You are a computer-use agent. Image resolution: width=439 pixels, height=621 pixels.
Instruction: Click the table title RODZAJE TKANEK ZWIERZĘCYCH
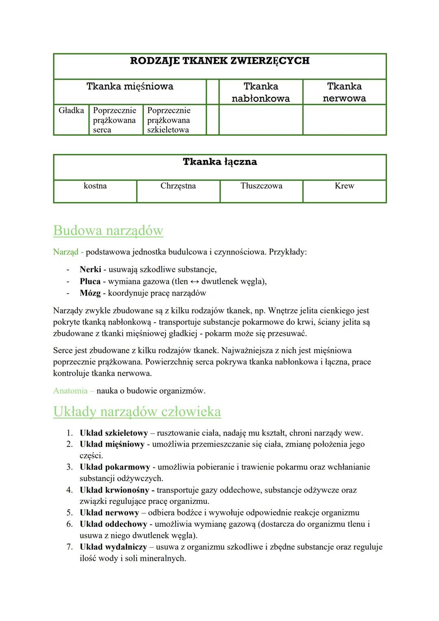219,61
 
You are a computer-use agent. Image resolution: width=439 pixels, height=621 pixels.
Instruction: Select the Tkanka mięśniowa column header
130,86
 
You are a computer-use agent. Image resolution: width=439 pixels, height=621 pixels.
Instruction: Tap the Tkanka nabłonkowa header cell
261,92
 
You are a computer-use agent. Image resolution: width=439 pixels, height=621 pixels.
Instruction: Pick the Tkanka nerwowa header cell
344,92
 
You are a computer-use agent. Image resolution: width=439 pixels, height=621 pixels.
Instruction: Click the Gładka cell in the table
71,111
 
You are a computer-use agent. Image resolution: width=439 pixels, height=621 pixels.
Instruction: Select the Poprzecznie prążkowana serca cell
115,120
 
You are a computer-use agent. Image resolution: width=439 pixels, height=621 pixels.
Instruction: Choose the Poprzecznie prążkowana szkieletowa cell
169,120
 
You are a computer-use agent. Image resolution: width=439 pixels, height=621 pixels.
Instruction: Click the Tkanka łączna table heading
219,162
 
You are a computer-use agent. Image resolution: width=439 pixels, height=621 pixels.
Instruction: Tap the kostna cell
95,186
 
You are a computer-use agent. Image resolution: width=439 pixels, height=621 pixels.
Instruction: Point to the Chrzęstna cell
178,186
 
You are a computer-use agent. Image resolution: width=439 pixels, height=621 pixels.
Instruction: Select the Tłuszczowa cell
261,186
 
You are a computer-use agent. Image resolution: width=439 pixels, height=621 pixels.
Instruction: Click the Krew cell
344,186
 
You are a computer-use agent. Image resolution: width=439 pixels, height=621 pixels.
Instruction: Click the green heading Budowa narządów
108,231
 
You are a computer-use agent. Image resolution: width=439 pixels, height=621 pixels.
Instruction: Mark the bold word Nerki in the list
90,269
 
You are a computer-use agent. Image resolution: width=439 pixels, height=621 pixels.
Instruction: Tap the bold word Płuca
90,281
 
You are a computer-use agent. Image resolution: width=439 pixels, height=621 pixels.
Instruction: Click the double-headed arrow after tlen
195,281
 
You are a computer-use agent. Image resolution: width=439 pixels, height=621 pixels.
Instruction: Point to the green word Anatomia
70,391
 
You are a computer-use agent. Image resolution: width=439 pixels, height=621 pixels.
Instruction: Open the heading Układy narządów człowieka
137,412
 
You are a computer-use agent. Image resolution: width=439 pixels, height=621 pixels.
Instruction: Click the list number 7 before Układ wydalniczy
70,547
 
